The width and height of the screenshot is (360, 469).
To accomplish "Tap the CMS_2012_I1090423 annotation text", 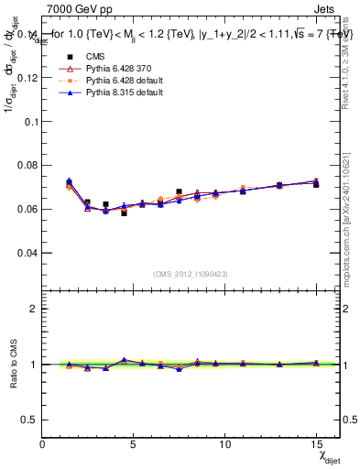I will coord(191,274).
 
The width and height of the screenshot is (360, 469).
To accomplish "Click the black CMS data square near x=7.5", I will coord(179,191).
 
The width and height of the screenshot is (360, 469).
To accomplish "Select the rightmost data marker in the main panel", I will coord(316,183).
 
